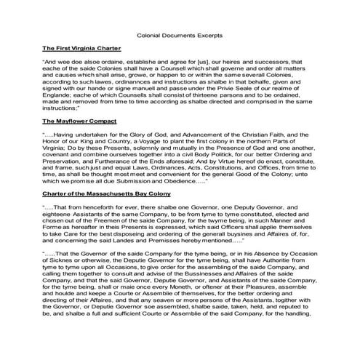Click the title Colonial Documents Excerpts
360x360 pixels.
coord(179,33)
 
